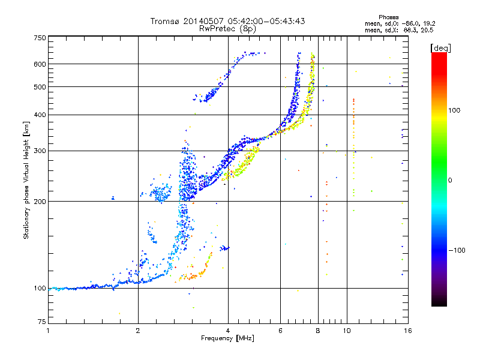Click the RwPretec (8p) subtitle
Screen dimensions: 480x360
tap(227, 29)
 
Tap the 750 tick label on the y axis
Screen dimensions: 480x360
tap(40, 38)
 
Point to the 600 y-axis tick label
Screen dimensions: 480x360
tap(40, 64)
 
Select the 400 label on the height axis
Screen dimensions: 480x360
tap(40, 115)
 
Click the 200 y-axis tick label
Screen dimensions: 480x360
tap(40, 202)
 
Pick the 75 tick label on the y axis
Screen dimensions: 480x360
tap(42, 322)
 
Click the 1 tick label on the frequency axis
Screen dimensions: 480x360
tap(48, 331)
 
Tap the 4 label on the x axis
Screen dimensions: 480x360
tap(228, 331)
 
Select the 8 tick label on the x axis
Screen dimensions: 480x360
tap(318, 331)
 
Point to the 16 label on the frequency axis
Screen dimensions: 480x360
tap(408, 331)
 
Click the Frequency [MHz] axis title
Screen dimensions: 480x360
tap(227, 338)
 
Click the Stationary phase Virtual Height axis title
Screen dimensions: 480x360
tap(26, 180)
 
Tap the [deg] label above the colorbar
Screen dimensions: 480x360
tap(440, 48)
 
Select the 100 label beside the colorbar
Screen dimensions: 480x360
tap(454, 110)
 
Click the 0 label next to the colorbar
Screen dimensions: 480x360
tap(450, 181)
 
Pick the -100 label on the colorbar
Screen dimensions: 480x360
tap(457, 250)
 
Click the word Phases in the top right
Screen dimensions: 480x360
tap(388, 17)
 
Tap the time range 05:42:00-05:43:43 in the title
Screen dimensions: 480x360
tap(266, 21)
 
